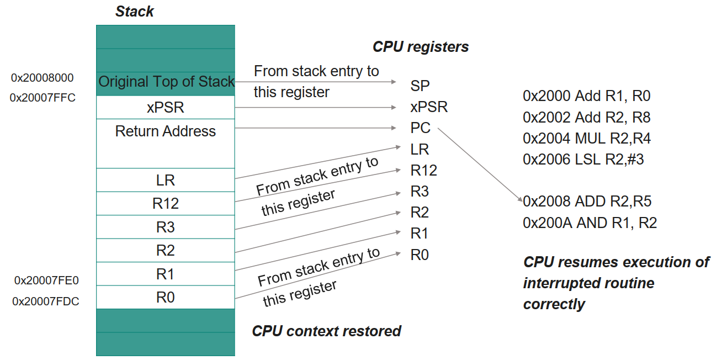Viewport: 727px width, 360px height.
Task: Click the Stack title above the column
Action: pos(134,12)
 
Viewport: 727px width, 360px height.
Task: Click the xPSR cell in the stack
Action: pos(165,108)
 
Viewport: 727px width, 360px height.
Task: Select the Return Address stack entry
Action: pos(165,131)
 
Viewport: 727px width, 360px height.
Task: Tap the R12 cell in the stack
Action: pos(165,204)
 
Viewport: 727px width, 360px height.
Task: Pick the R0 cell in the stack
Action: pos(165,298)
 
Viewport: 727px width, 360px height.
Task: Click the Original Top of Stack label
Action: pos(166,82)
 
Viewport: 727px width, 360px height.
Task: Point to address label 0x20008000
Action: pos(42,78)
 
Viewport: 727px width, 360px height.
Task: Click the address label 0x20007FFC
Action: pos(43,98)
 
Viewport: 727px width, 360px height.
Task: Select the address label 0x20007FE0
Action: pos(46,280)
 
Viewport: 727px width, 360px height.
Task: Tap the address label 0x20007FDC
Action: pos(46,301)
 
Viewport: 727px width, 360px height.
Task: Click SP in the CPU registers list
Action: pos(420,86)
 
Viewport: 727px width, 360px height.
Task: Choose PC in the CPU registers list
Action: pos(420,128)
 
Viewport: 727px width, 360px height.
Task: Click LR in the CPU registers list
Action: pos(420,150)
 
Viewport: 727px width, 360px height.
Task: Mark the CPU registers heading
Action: pos(421,47)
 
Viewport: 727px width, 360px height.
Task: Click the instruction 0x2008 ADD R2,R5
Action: pos(587,202)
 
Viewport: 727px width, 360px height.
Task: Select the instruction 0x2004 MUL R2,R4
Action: pos(587,138)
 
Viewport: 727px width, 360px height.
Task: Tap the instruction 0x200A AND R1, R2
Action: pos(589,223)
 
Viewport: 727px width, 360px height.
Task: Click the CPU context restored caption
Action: pos(326,331)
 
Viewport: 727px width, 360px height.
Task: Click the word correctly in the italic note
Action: pos(554,304)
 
